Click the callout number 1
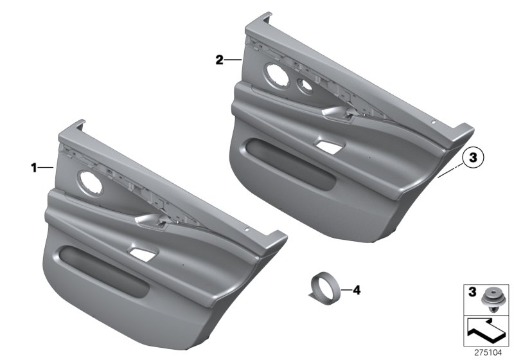coord(33,168)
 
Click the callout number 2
coord(219,60)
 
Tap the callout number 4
coord(357,291)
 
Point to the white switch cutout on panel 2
coord(328,145)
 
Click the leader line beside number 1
coord(47,168)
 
